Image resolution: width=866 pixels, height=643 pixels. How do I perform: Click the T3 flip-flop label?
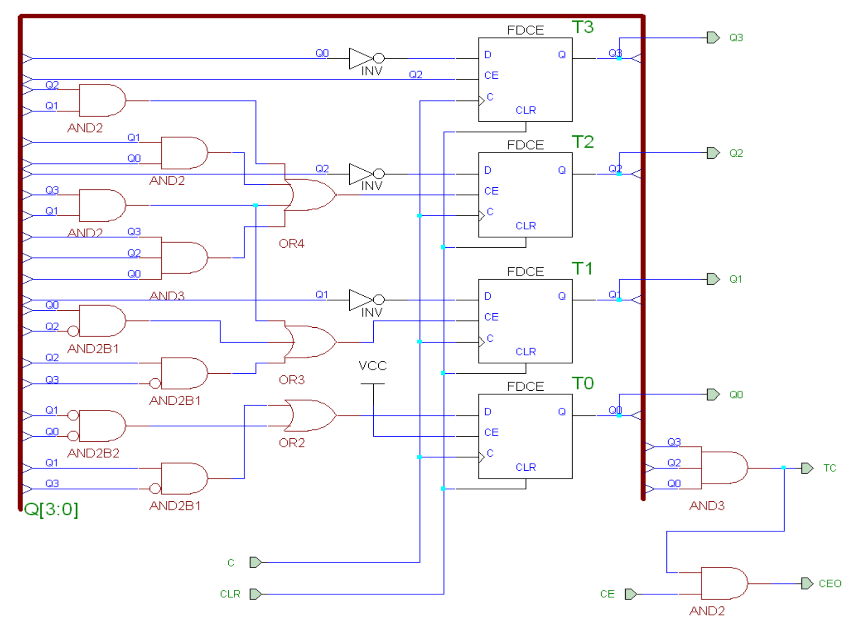[583, 27]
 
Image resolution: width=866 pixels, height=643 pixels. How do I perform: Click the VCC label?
[373, 366]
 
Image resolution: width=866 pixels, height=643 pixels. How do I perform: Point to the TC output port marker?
[807, 468]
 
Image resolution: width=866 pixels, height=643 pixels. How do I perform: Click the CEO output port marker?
[807, 583]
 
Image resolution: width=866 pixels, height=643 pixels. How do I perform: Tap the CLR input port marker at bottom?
[256, 594]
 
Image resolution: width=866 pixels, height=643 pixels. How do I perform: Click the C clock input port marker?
[256, 562]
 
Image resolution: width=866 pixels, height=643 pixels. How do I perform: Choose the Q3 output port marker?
[713, 38]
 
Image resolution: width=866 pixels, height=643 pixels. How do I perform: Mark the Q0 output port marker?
[713, 394]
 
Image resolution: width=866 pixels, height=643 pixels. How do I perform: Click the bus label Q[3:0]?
[51, 509]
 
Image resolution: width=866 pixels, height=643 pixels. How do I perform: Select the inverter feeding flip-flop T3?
[366, 58]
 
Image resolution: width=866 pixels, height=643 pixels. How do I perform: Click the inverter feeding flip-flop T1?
[366, 300]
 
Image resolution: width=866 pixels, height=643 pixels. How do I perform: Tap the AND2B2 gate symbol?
[102, 426]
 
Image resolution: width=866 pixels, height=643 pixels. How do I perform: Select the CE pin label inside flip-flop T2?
[491, 191]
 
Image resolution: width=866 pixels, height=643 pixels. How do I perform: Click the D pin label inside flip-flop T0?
[488, 412]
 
